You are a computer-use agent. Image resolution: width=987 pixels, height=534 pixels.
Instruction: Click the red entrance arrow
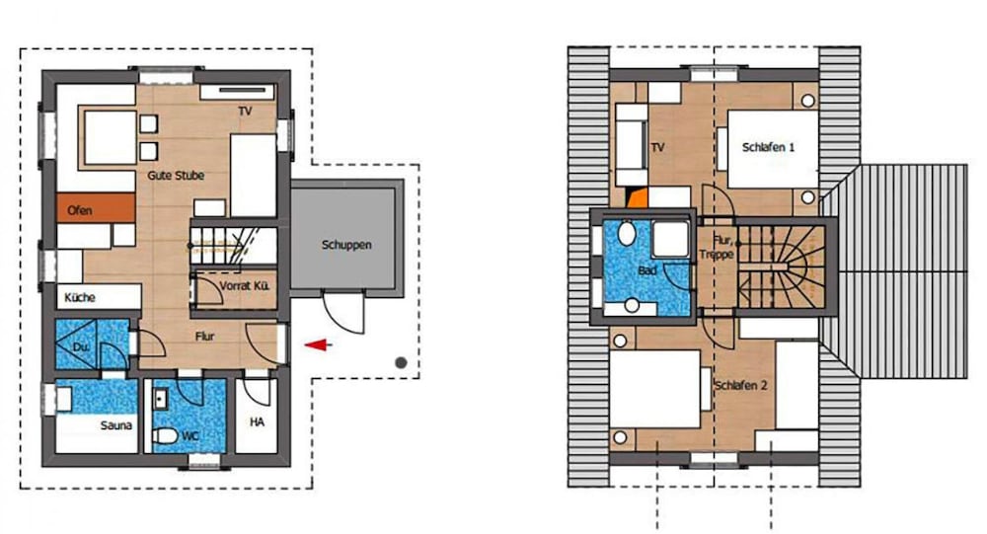click(x=319, y=345)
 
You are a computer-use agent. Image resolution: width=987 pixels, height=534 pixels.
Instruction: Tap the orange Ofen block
click(x=96, y=208)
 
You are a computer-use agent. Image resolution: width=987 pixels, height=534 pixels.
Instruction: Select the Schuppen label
click(x=346, y=245)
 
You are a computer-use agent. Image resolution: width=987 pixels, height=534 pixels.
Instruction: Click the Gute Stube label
click(x=176, y=175)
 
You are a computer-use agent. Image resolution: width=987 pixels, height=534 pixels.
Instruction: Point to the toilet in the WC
click(x=166, y=435)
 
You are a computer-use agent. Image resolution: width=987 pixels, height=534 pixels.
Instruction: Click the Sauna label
click(x=115, y=425)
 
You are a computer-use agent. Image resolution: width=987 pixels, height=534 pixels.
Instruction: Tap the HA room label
click(x=257, y=421)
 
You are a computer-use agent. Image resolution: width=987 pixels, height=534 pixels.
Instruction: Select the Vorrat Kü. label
click(x=244, y=286)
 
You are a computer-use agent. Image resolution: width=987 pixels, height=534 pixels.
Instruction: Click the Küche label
click(x=80, y=297)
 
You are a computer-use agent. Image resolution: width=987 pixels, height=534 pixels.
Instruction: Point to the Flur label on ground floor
click(x=204, y=337)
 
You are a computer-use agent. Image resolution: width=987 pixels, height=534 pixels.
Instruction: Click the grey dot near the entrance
click(x=401, y=362)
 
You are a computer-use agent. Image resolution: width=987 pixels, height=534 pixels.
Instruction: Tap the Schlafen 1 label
click(x=768, y=147)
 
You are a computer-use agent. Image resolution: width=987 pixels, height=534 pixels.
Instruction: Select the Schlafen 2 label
click(x=740, y=385)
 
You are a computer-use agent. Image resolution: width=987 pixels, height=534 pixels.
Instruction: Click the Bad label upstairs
click(x=647, y=270)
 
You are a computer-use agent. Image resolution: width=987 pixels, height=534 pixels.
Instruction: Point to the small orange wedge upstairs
click(x=639, y=197)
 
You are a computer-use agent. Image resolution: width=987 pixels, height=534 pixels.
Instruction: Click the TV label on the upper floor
click(x=657, y=147)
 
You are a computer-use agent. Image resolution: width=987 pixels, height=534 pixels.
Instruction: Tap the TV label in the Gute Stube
click(x=245, y=111)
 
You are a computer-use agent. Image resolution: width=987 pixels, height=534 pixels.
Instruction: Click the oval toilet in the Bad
click(x=627, y=233)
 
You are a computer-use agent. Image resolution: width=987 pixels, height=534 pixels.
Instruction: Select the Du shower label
click(x=81, y=347)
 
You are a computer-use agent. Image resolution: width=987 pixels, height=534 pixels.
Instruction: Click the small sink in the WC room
click(x=160, y=400)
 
